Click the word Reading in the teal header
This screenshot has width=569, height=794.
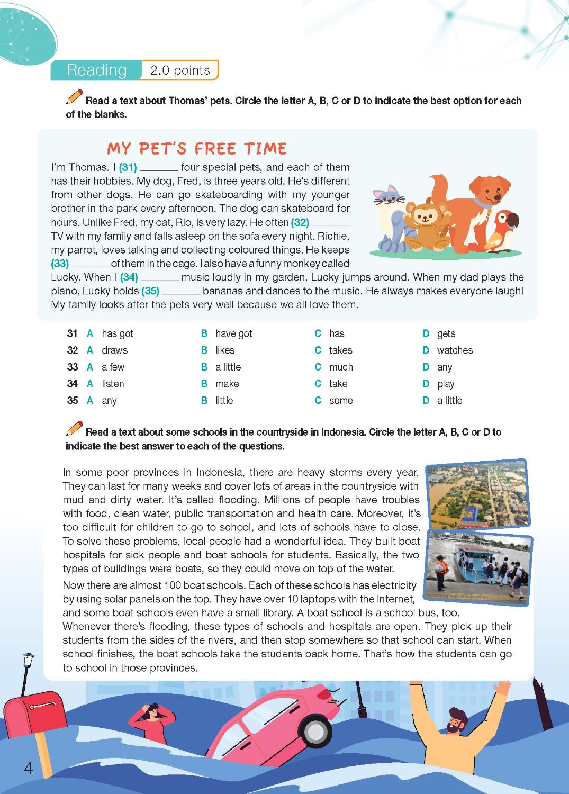pos(96,70)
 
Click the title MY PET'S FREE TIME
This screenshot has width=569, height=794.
pos(197,148)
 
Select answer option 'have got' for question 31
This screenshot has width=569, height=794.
pos(233,333)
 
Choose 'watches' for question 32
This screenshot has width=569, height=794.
pos(455,350)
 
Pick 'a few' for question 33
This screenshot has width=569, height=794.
pos(113,367)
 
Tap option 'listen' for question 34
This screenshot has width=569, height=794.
pos(113,384)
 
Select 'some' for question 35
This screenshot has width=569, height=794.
pos(340,401)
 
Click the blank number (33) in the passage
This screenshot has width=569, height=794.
pos(60,264)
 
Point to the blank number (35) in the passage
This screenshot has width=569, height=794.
pos(150,291)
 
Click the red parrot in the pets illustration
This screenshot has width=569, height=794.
pos(503,230)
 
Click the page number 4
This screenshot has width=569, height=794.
pos(29,768)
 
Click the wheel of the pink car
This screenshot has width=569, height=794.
pos(316,732)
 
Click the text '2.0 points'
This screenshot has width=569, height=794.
pos(180,70)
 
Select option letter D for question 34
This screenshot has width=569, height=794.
pos(426,384)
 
